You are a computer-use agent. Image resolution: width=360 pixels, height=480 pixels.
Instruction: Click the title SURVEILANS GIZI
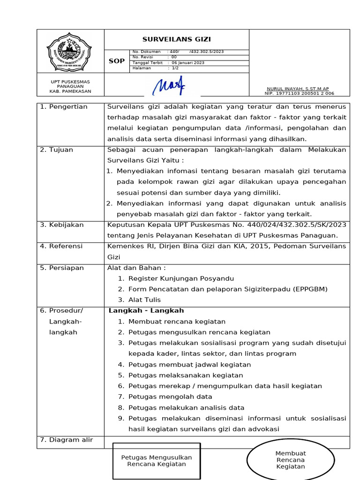click(176, 39)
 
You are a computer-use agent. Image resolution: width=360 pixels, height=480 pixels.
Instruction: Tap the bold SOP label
click(117, 61)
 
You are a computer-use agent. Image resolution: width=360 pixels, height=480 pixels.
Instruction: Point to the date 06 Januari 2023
click(188, 63)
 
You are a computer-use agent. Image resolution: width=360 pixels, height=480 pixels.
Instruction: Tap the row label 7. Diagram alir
click(66, 440)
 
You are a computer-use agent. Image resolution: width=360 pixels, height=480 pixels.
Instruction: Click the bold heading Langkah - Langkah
click(146, 310)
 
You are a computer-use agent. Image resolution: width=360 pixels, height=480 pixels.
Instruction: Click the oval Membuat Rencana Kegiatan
click(291, 460)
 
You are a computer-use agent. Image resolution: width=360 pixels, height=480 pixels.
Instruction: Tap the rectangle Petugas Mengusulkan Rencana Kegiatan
click(157, 461)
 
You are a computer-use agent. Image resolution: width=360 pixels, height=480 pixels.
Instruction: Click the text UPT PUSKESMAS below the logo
click(70, 82)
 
